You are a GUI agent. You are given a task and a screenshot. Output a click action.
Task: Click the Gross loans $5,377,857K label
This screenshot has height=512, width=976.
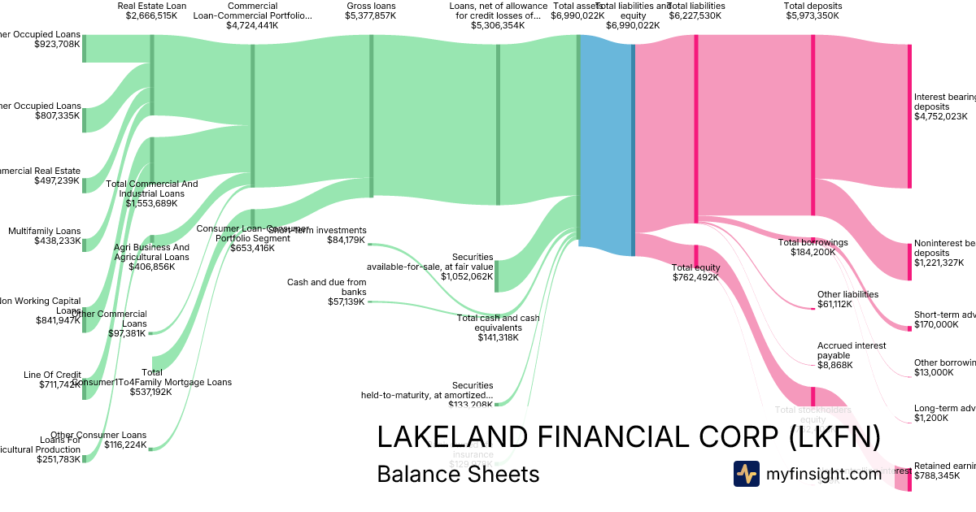point(371,11)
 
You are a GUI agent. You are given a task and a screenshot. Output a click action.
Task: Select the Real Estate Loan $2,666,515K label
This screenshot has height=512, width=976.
point(152,11)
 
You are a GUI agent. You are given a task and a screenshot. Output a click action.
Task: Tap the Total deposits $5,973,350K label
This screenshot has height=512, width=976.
point(813,11)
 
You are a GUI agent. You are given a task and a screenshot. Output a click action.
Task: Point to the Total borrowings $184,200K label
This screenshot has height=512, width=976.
point(813,247)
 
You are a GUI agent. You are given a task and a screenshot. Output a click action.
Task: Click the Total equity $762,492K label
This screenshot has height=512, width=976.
point(695,272)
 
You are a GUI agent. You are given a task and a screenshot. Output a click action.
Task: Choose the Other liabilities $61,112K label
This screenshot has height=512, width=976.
point(847,299)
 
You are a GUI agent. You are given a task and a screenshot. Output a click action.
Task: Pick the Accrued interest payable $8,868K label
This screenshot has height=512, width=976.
point(852,355)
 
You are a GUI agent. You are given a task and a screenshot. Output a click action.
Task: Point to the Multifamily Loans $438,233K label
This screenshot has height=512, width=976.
point(45,236)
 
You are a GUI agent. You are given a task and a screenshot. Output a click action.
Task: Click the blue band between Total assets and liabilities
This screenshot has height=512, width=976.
point(606,146)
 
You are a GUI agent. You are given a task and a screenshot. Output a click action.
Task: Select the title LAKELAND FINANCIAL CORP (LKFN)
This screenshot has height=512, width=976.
point(629,437)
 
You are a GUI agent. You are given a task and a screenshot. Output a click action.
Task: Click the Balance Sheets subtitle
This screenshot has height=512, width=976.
point(458,474)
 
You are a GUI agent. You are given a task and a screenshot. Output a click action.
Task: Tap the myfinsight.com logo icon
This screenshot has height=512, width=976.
point(746,474)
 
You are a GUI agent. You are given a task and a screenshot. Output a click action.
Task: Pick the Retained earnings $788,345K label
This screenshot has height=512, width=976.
point(943,471)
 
